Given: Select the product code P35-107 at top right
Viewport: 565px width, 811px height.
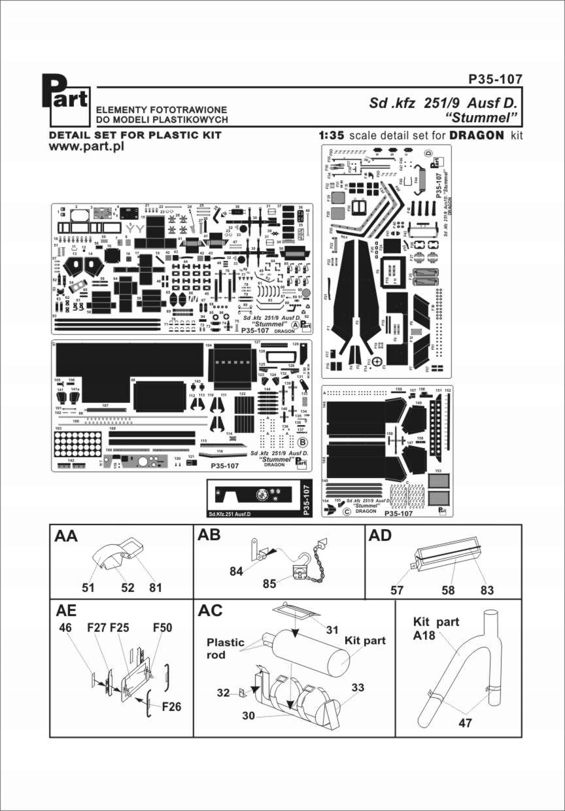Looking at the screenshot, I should pyautogui.click(x=495, y=79).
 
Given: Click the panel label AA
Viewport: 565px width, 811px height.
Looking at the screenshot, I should pyautogui.click(x=67, y=536).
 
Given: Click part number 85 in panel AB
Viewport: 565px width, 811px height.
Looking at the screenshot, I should pyautogui.click(x=270, y=583).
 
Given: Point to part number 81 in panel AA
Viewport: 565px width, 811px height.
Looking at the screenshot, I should pyautogui.click(x=155, y=587).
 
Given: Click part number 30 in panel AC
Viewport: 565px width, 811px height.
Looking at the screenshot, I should pyautogui.click(x=249, y=716).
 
